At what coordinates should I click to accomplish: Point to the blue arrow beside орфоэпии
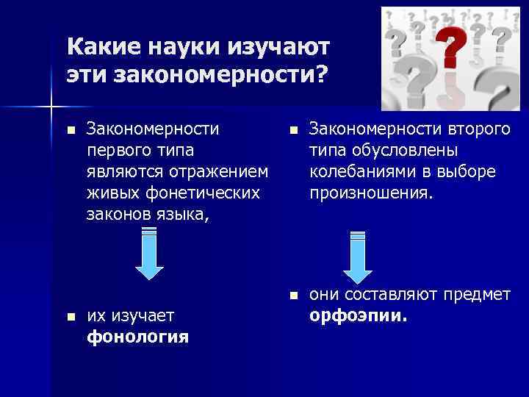[358, 257]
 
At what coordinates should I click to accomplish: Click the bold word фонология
[137, 337]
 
